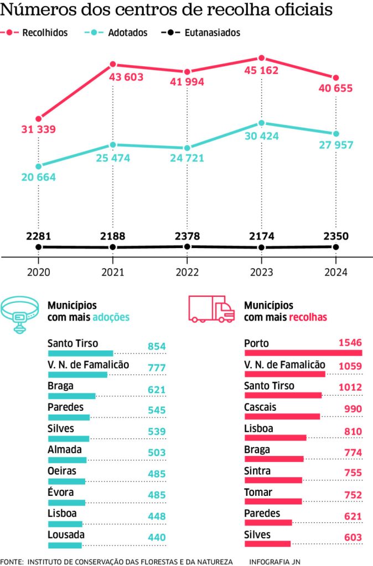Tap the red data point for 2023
pos(261,58)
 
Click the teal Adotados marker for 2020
pos(38,166)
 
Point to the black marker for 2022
pos(187,247)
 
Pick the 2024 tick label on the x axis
pos(335,272)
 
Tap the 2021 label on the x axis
pos(113,272)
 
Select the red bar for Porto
pos(303,353)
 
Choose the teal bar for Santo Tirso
pos(80,353)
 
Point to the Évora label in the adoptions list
pos(60,492)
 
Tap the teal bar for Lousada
pos(65,545)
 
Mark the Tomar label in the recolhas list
pos(257,492)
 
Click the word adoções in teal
pos(111,317)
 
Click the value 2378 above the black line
pos(187,236)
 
